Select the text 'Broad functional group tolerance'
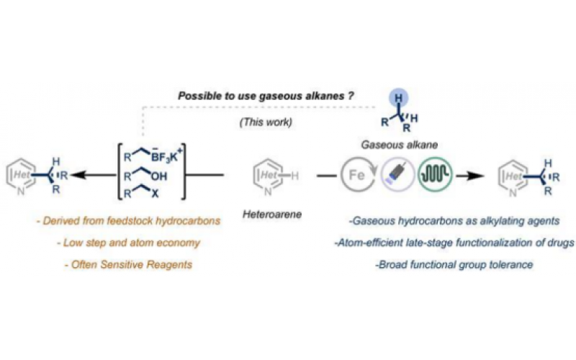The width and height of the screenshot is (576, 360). (x=454, y=265)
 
